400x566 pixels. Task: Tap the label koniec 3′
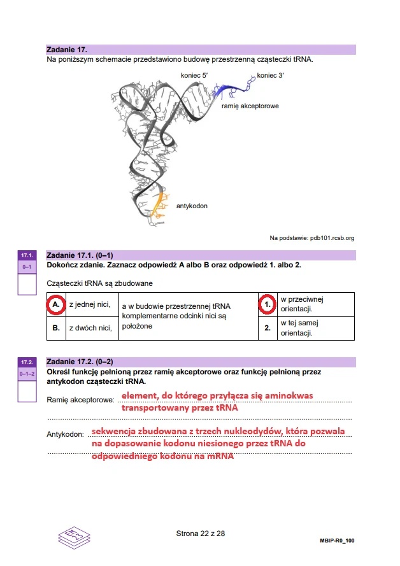(x=271, y=76)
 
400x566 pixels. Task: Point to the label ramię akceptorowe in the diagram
(x=250, y=106)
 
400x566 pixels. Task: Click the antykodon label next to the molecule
(x=192, y=206)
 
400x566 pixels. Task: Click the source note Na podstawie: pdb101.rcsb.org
(x=311, y=238)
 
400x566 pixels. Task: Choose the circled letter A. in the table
(x=57, y=305)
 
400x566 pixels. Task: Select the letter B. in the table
(x=57, y=329)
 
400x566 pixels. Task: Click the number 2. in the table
(x=268, y=329)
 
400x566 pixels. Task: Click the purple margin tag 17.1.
(x=27, y=255)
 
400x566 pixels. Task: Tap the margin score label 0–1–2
(x=27, y=372)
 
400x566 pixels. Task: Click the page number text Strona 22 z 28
(x=201, y=534)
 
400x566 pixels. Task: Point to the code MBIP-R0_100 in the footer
(x=337, y=541)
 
